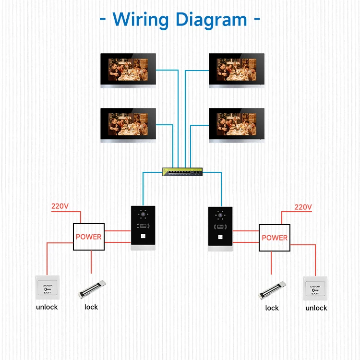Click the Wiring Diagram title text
click(x=180, y=20)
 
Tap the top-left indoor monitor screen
click(x=129, y=70)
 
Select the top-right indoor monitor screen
click(x=237, y=70)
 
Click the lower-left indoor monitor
click(x=129, y=125)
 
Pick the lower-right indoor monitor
click(x=237, y=125)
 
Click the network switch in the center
click(x=182, y=171)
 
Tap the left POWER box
click(x=88, y=237)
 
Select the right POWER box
click(x=275, y=238)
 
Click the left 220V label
click(x=60, y=206)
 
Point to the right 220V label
click(x=303, y=207)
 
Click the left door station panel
click(x=144, y=228)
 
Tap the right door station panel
click(x=220, y=229)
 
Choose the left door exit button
click(x=47, y=288)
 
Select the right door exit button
click(x=315, y=289)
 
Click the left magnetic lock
click(x=92, y=289)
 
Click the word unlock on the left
click(x=47, y=307)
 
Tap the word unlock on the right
click(x=316, y=308)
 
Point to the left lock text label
click(x=91, y=307)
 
